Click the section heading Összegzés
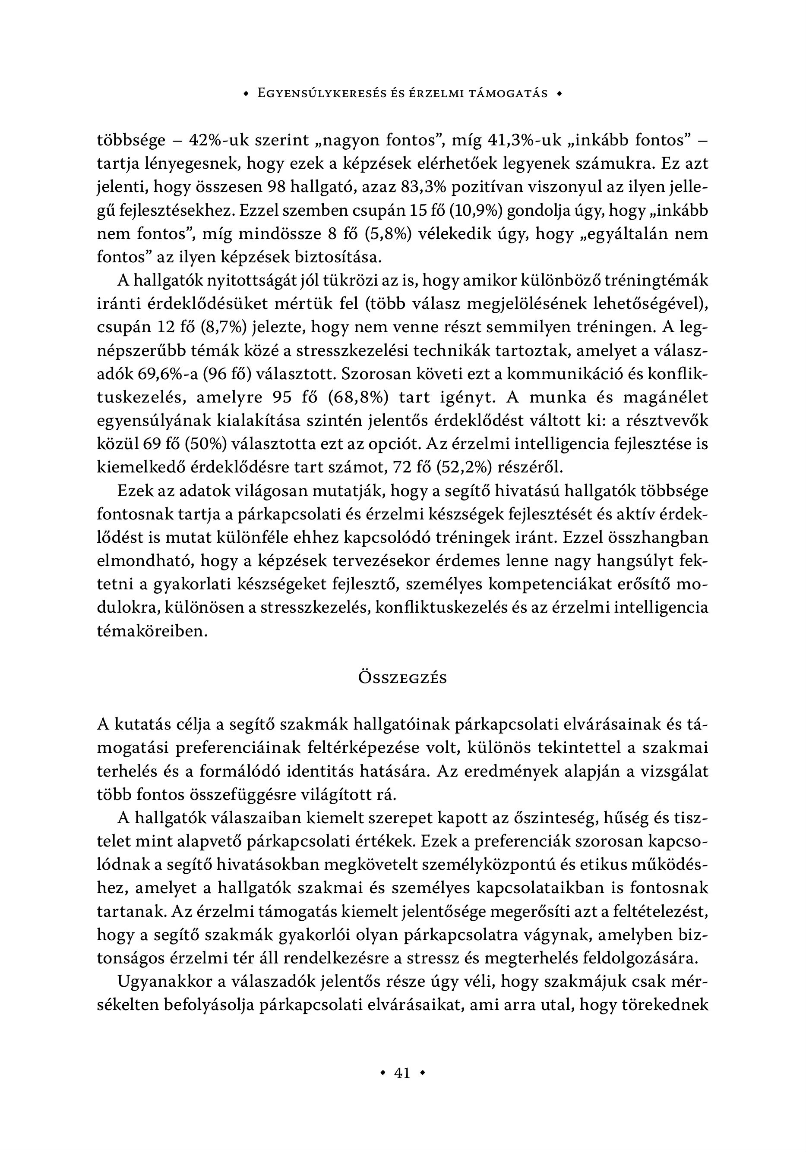402,678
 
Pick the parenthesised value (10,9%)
476,211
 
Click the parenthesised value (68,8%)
357,397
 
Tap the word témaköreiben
152,631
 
